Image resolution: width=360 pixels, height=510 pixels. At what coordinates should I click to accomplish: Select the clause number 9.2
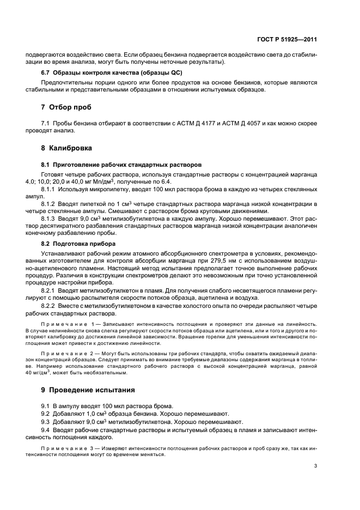tap(46, 414)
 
